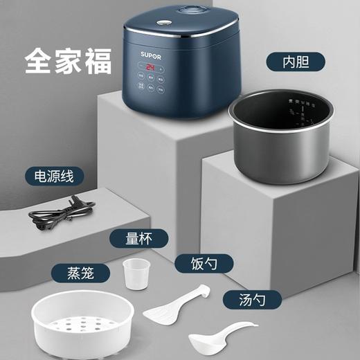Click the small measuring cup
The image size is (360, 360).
point(136,274)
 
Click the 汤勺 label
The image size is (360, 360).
point(242,299)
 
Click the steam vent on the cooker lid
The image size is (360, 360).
point(168,12)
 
